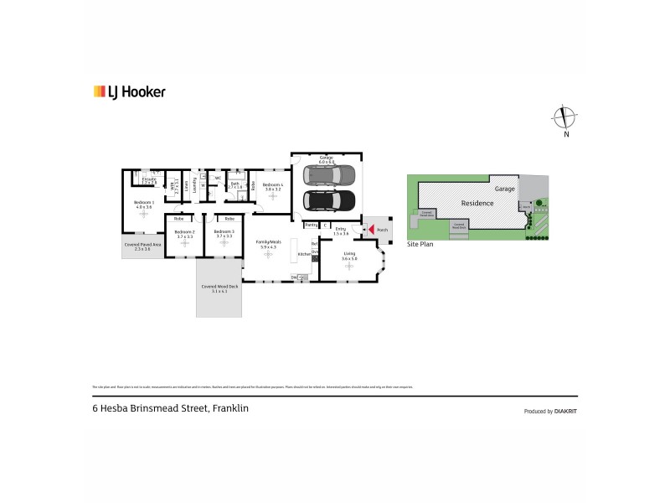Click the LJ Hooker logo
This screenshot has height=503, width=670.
(129, 92)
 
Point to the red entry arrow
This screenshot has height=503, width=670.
(372, 229)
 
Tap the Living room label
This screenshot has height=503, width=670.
(349, 257)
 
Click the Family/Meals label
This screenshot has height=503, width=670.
(267, 242)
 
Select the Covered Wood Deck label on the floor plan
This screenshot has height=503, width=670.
(219, 288)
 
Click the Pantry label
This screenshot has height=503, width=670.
(310, 224)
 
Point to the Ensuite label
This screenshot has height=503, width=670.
(149, 179)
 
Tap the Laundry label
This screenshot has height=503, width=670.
(195, 184)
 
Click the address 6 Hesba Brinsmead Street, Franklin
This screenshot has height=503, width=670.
(170, 408)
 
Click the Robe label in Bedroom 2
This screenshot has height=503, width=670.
(178, 219)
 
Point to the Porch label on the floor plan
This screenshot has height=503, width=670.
(383, 229)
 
